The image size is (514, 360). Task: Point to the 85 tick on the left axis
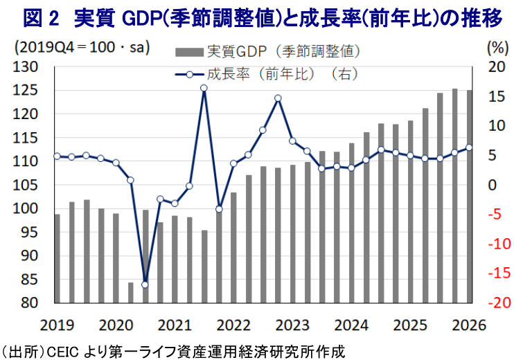tap(28, 279)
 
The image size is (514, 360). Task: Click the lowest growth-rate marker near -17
tap(145, 285)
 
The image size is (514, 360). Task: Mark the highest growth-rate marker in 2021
tap(204, 88)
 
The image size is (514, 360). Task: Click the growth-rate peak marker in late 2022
tap(278, 98)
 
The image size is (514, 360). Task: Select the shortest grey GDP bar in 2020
tap(131, 292)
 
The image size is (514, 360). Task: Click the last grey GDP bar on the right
tap(469, 197)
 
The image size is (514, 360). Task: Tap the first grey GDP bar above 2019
tap(57, 258)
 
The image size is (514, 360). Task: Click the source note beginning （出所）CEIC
tap(173, 350)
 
